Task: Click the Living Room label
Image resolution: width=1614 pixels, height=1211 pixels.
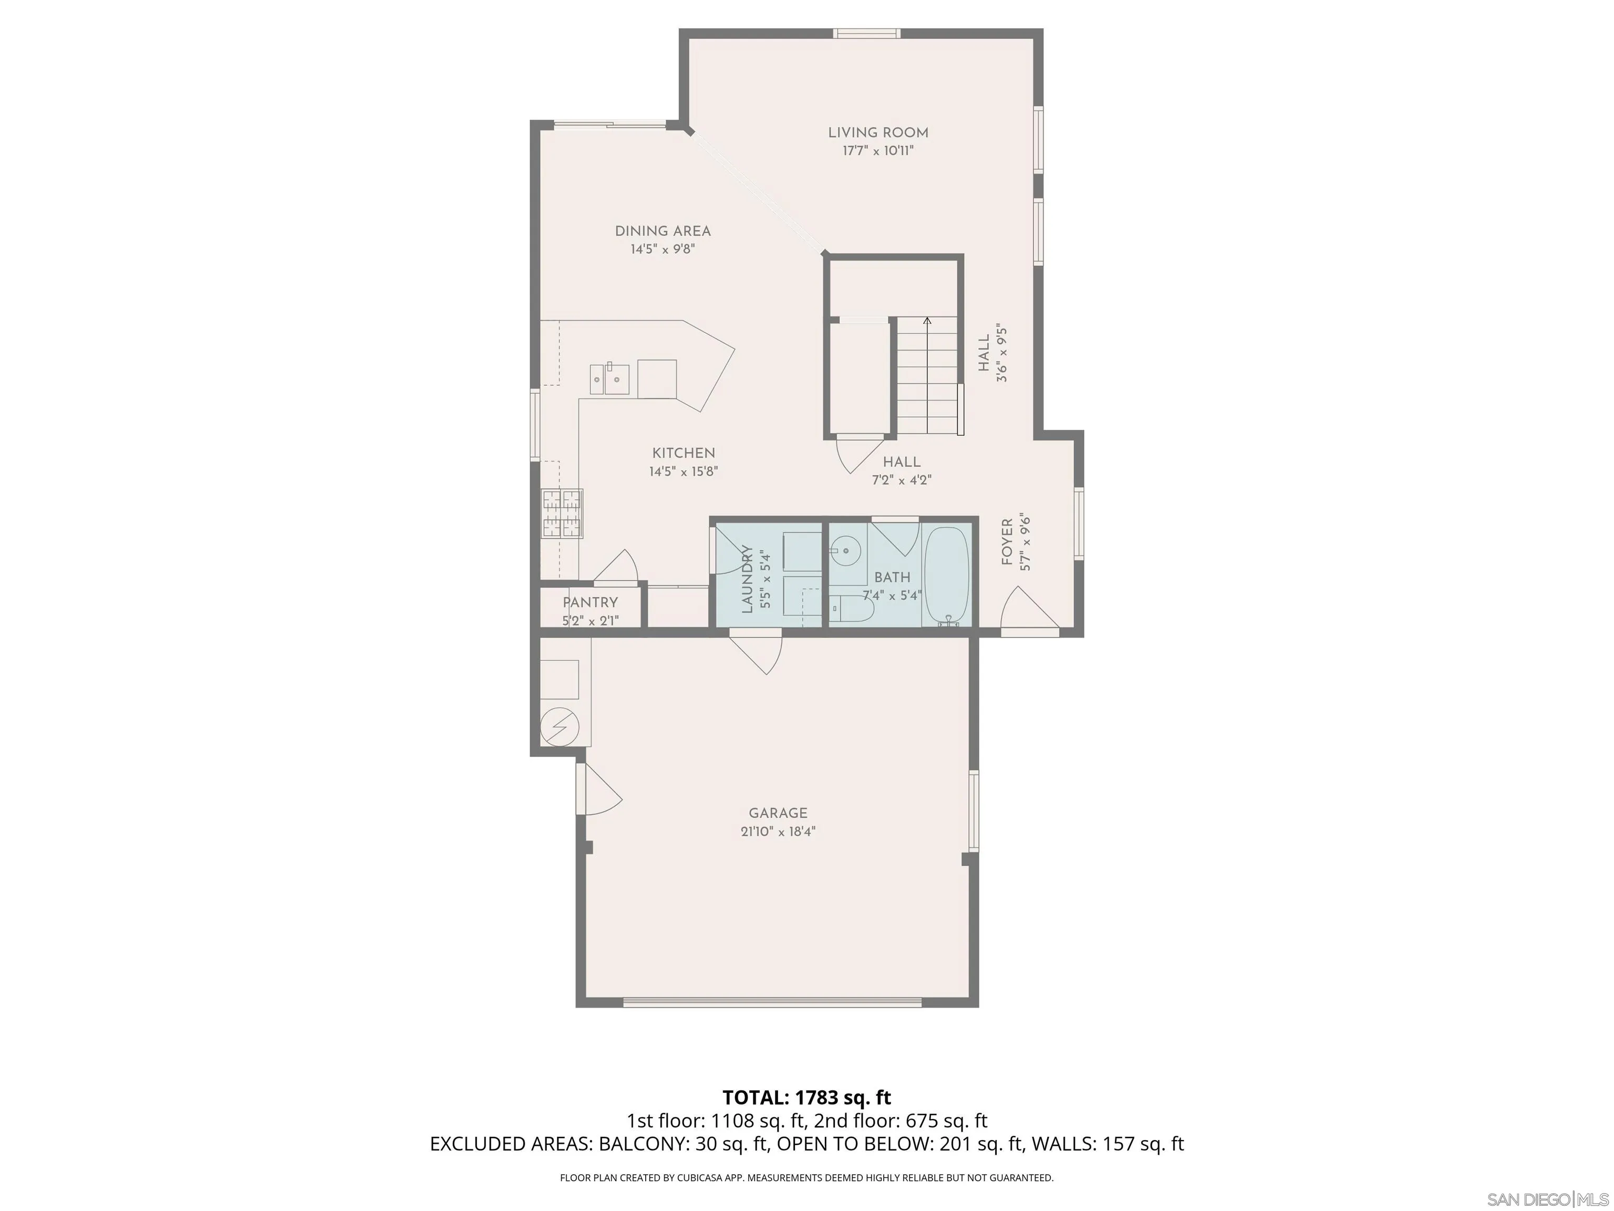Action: (x=878, y=133)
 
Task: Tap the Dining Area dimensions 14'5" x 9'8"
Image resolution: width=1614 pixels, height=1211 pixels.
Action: (x=663, y=250)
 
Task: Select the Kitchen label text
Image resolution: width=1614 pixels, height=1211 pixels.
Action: (x=683, y=453)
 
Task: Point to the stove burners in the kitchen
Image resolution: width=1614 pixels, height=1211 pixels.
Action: (x=562, y=512)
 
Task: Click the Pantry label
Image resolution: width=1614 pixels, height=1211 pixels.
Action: (x=589, y=603)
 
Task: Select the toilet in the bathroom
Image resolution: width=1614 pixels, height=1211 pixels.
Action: (x=851, y=608)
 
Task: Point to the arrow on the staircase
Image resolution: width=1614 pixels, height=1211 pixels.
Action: (x=927, y=321)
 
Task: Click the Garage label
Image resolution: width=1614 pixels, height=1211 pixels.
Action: (x=778, y=813)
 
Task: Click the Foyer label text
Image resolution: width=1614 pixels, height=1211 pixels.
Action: (x=1007, y=542)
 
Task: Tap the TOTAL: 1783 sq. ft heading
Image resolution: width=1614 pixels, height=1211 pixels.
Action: (x=806, y=1098)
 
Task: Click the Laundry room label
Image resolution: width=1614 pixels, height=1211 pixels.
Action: (x=747, y=579)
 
